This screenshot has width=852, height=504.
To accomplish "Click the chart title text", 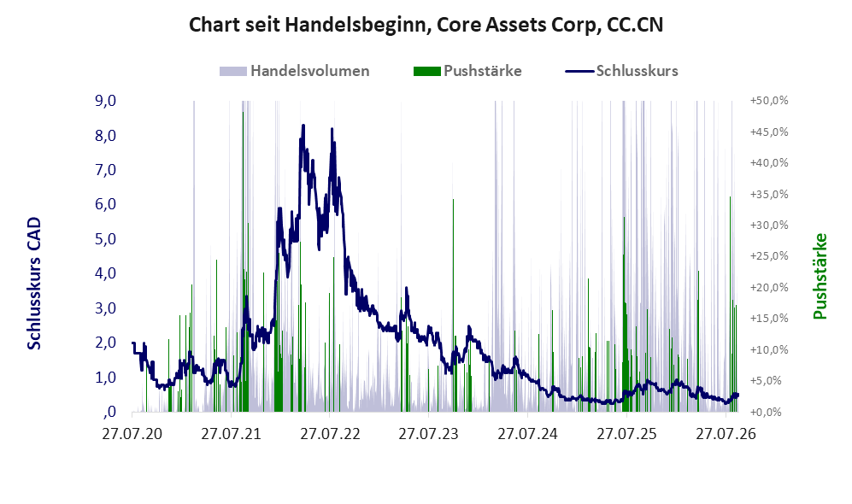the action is pos(426,25).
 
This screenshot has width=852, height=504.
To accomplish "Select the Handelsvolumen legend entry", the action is pos(295,71).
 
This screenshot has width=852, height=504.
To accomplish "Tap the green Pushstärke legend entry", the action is pos(467,71).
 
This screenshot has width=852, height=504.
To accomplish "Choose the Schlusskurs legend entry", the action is pos(621,71).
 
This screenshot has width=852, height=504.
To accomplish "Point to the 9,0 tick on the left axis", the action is pos(105,101).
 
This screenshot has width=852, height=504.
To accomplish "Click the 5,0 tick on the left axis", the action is pos(105,239).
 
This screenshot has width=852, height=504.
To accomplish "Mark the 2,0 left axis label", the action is pos(105,343).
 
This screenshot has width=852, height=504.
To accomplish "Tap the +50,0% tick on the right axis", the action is pos(769,101).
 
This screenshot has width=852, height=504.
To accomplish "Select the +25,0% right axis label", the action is pos(769,256).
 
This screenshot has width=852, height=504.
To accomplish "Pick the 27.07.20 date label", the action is pos(132,434).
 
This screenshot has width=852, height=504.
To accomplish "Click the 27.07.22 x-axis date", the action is pos(330,434).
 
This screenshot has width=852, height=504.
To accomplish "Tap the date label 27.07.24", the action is pos(527,434).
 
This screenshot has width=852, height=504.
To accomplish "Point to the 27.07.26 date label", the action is pos(726,434).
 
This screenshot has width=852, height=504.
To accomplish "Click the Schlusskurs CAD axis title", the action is pos(34,284).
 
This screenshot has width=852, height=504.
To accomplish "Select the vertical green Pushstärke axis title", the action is pos(820,277).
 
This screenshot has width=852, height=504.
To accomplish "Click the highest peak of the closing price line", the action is pos(303,126).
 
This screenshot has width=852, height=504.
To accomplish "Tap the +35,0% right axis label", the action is pos(769,195).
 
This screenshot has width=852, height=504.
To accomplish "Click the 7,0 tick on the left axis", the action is pos(105,170).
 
